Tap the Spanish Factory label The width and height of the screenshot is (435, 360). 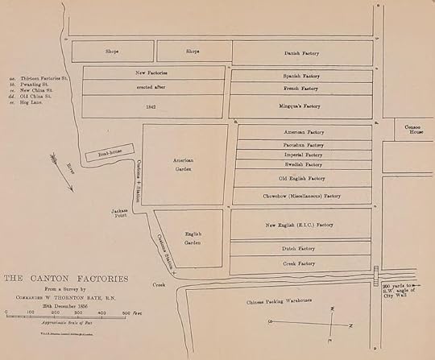click(302, 76)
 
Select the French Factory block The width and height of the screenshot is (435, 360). click(302, 89)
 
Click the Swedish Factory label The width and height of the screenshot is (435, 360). click(303, 163)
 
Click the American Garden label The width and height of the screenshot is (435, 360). click(185, 163)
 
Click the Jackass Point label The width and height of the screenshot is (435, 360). click(120, 213)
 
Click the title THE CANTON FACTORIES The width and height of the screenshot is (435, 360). click(66, 279)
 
